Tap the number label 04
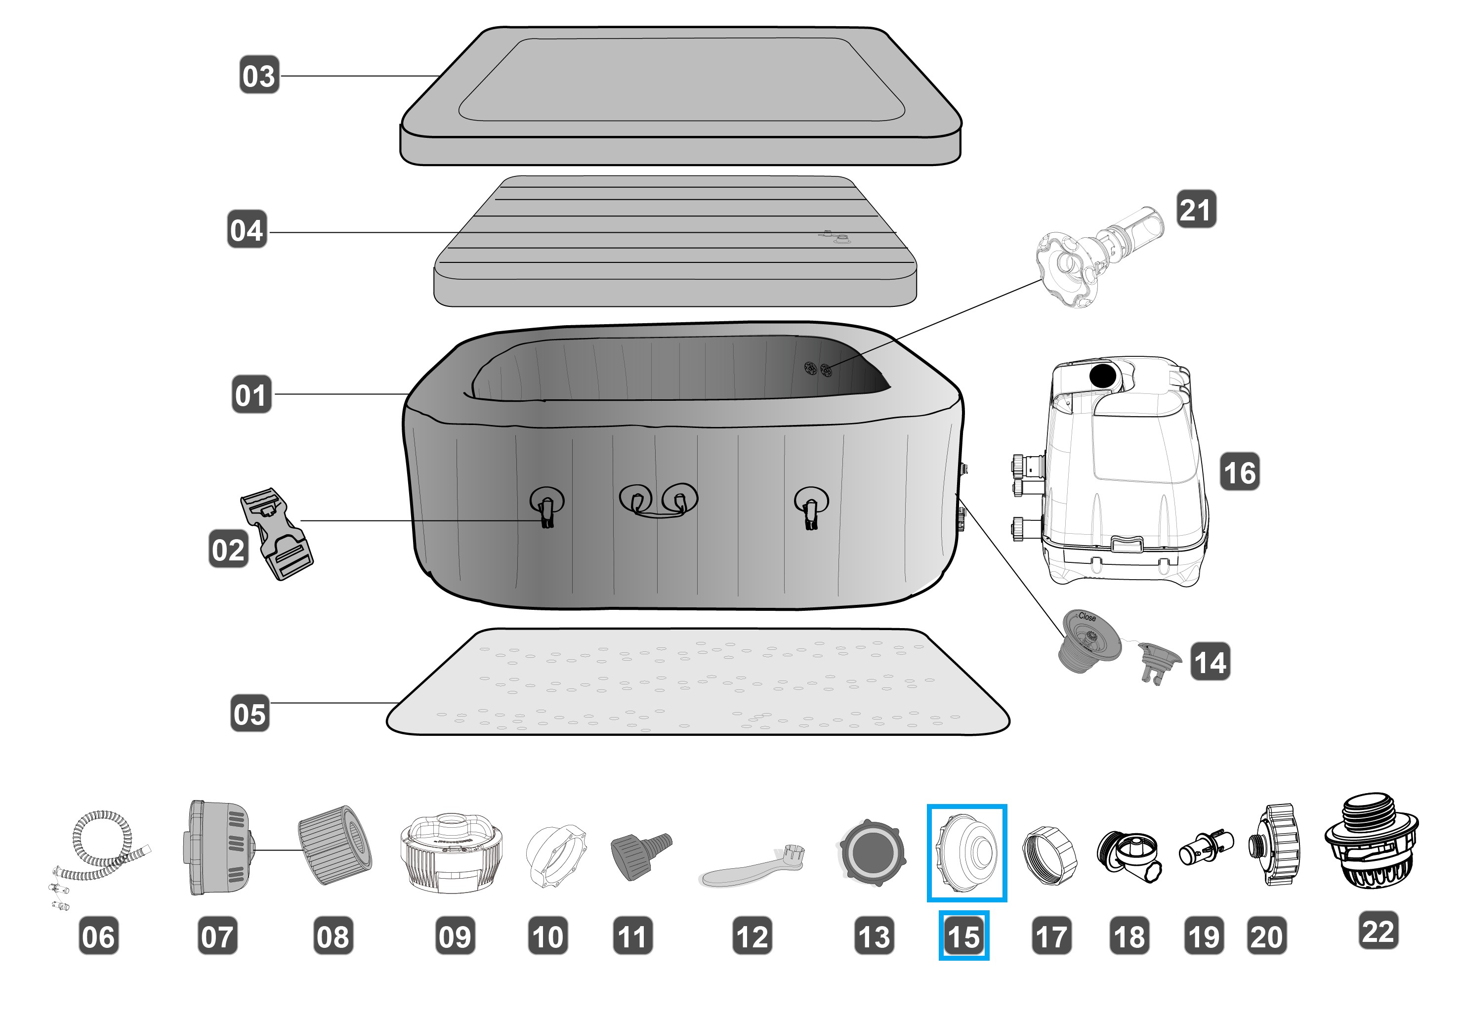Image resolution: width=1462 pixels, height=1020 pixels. [x=247, y=230]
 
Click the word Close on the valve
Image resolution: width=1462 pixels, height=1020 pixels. [x=1087, y=616]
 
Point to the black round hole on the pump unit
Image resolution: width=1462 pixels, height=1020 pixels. [x=1103, y=375]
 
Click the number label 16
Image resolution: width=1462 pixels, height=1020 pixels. [x=1239, y=472]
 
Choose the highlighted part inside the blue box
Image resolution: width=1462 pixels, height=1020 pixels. [x=966, y=852]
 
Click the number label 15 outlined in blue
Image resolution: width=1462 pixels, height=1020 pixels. [x=963, y=936]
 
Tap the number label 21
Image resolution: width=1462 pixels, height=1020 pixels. [x=1196, y=209]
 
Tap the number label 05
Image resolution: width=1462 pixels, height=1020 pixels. [x=250, y=714]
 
